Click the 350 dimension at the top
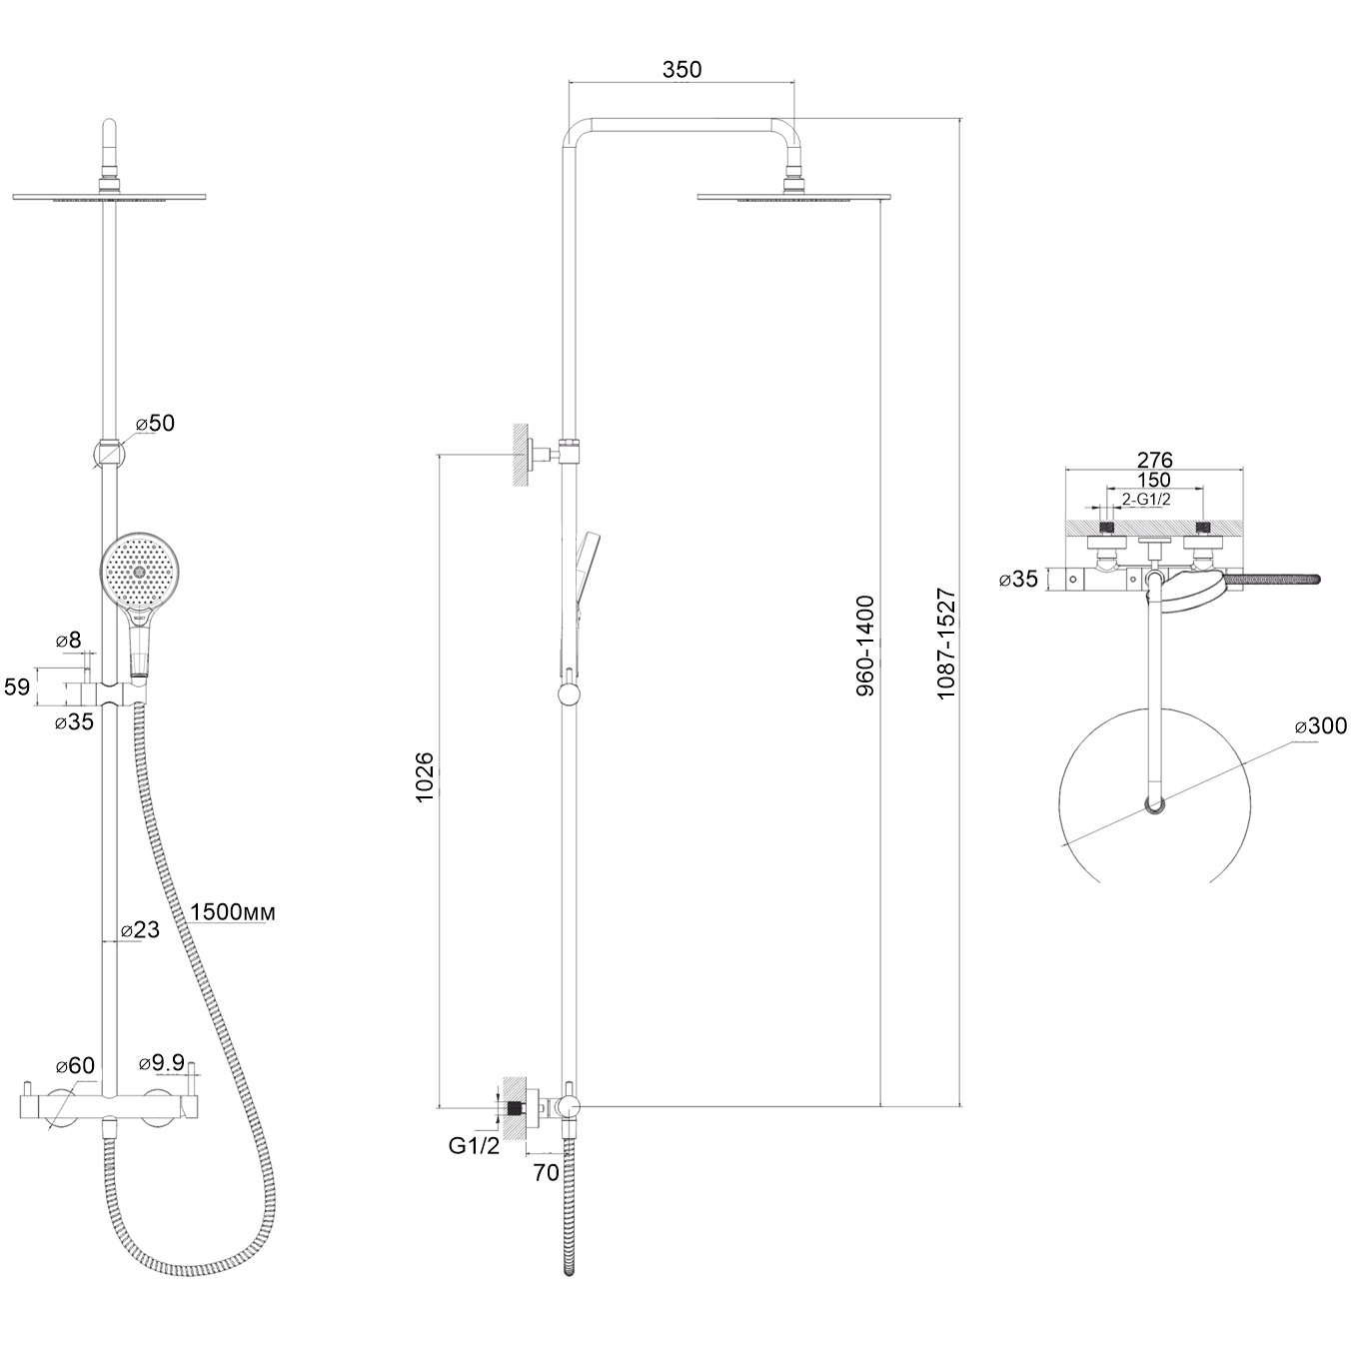(681, 69)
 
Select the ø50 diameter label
(155, 423)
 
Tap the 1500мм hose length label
(232, 912)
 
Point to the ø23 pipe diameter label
(140, 929)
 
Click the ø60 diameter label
(75, 1065)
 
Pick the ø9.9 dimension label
(162, 1062)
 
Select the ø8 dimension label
(69, 640)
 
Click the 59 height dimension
(17, 686)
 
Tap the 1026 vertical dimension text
(425, 776)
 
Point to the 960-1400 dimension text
(865, 646)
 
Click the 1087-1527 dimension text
(946, 644)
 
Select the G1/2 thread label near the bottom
(474, 1145)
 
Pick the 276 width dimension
(1155, 460)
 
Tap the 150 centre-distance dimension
(1154, 480)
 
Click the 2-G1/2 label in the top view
(1146, 500)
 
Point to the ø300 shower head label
(1321, 725)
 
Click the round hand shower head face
(140, 574)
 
